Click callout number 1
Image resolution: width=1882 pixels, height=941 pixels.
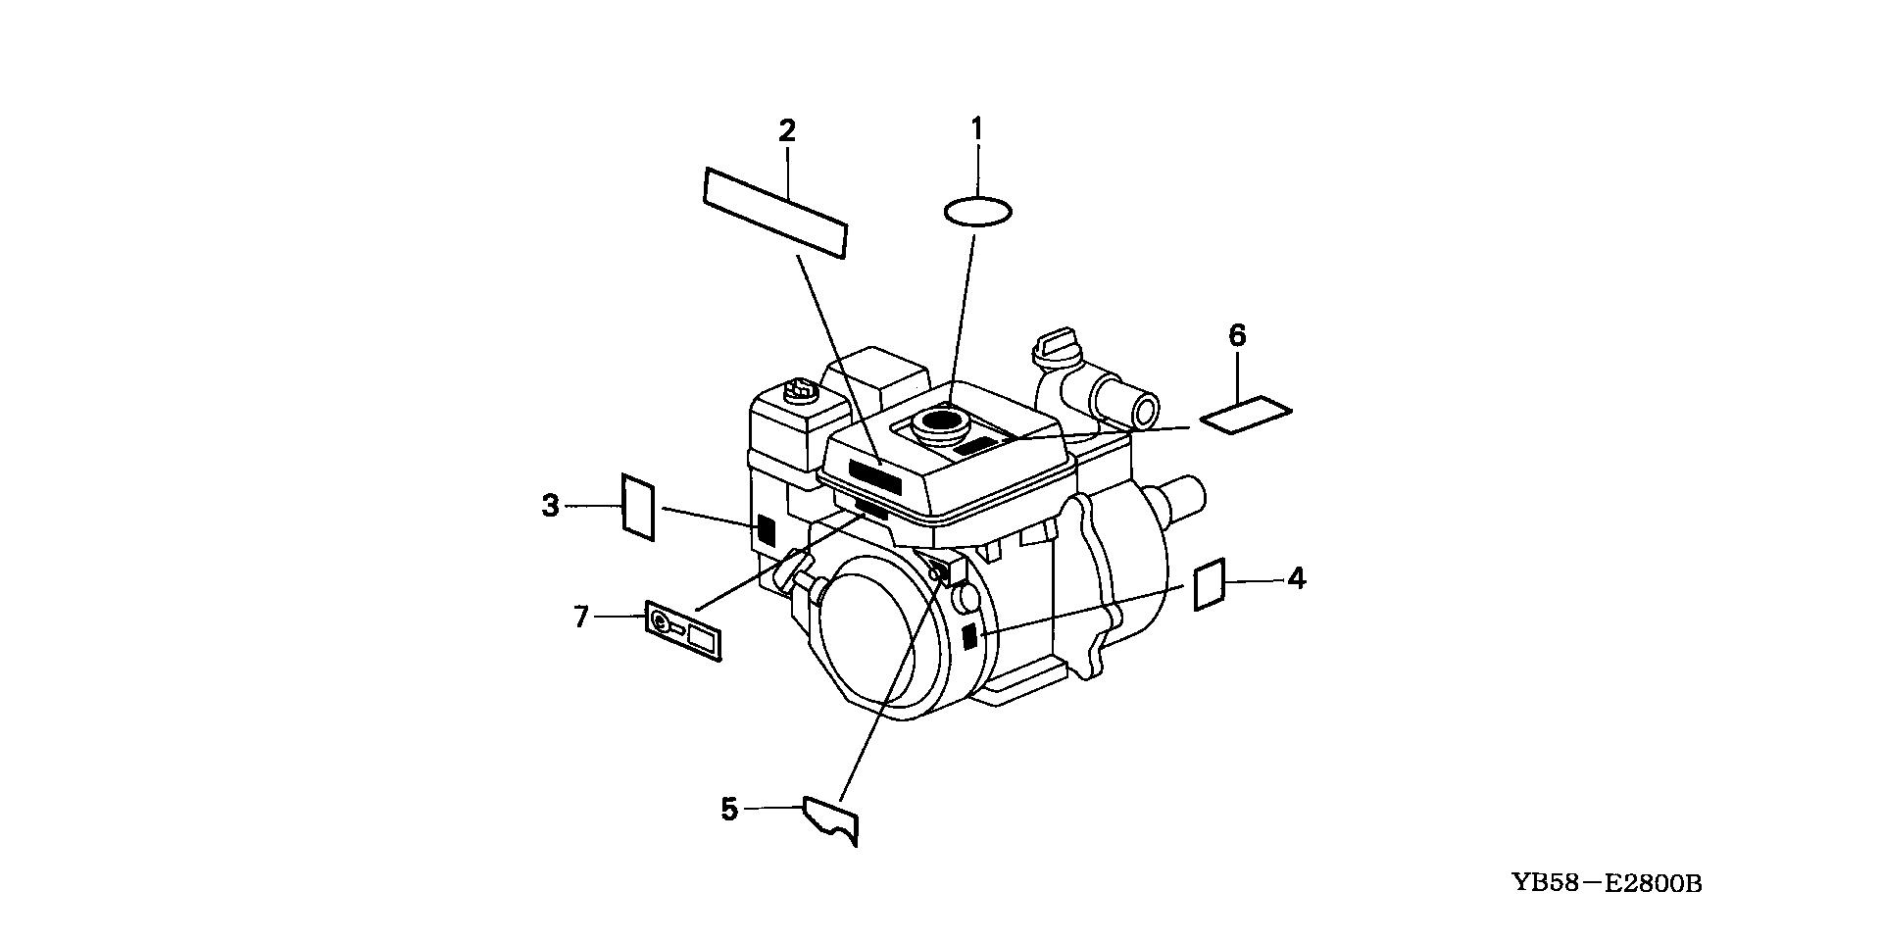[976, 127]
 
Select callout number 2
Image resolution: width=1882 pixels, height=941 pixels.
[787, 130]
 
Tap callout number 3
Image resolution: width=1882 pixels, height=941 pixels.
[550, 506]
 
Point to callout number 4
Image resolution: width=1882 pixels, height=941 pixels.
[1296, 578]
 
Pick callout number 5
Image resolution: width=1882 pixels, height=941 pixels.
[728, 810]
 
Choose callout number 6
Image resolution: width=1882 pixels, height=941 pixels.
[1237, 336]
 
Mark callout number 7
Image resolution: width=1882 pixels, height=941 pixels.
[581, 617]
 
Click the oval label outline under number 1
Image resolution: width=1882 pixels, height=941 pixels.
[977, 211]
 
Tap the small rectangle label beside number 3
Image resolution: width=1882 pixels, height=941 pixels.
[638, 507]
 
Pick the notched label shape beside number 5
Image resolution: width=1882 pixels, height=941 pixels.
[831, 820]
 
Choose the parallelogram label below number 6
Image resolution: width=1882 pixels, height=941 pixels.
[1246, 414]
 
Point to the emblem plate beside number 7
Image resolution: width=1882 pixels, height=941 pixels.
[684, 631]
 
